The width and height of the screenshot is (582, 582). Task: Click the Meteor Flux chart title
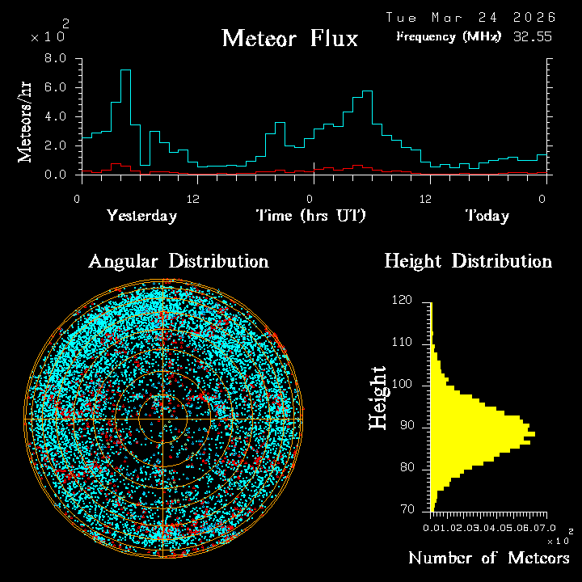289,38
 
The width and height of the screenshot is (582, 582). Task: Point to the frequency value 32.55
533,36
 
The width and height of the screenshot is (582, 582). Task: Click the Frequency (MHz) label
449,36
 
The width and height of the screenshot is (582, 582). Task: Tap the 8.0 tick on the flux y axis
56,58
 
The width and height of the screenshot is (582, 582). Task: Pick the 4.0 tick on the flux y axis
56,116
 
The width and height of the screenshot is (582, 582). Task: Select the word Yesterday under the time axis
141,216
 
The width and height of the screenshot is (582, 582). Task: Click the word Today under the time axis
487,216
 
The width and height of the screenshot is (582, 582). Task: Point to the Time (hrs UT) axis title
311,216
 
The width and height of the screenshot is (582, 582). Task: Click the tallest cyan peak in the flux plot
125,70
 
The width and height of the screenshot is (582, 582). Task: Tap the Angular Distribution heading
179,261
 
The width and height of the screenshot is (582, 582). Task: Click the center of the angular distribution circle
163,419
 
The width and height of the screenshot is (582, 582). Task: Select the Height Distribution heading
468,261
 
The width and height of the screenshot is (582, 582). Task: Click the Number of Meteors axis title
488,559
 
